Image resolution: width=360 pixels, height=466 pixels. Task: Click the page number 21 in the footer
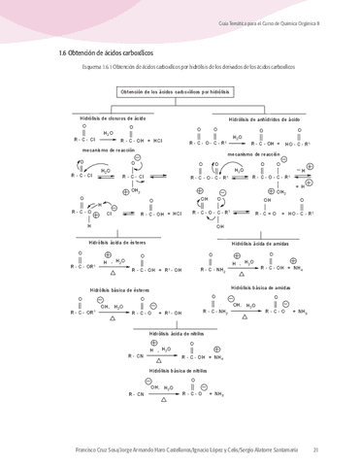point(316,449)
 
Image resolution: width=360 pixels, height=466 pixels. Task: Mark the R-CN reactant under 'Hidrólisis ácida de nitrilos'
point(135,356)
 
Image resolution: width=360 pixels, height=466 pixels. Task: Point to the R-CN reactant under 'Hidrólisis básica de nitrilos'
point(134,394)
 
